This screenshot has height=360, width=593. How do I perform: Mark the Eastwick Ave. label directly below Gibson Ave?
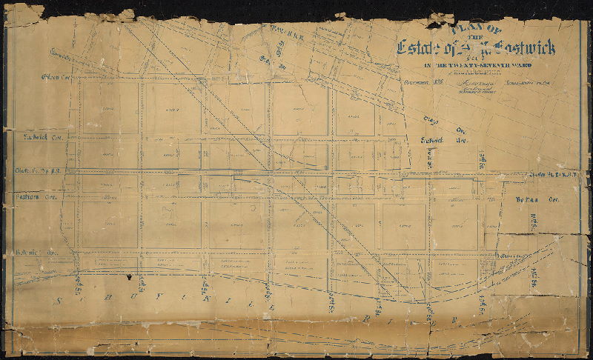(x=41, y=138)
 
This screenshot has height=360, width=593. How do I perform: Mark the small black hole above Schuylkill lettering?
(x=130, y=277)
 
